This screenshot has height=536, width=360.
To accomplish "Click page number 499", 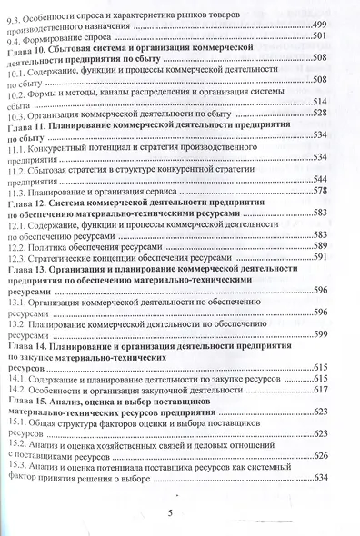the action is pos(325,25).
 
